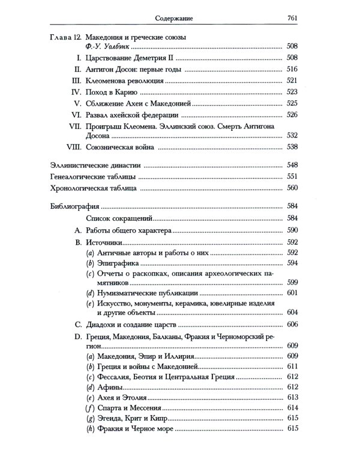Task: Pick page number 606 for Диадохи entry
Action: coord(292,325)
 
